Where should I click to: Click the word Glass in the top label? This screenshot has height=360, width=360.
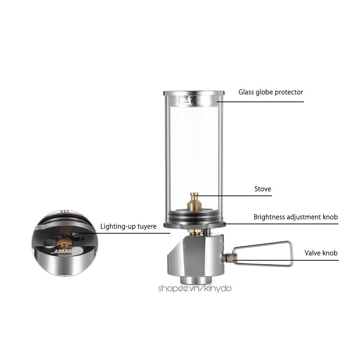tap(246, 92)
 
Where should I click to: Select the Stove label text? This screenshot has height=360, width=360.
tap(262, 189)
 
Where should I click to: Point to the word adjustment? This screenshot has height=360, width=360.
tap(305, 217)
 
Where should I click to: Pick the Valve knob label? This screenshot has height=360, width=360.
tap(321, 253)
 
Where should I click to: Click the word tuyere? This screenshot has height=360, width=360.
tap(147, 227)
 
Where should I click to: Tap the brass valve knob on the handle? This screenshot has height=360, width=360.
tap(228, 257)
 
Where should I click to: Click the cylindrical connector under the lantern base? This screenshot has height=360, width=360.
tap(194, 279)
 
